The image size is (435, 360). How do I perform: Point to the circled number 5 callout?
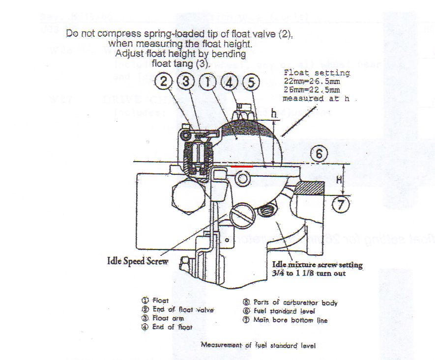(x=251, y=82)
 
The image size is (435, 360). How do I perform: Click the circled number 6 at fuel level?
(x=319, y=154)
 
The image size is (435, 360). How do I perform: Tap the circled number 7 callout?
(x=342, y=203)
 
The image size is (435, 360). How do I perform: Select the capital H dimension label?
(x=339, y=180)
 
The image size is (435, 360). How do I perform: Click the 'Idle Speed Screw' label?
(x=138, y=261)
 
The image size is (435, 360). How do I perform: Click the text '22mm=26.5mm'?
(x=312, y=81)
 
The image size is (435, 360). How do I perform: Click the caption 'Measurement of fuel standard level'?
(x=258, y=345)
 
